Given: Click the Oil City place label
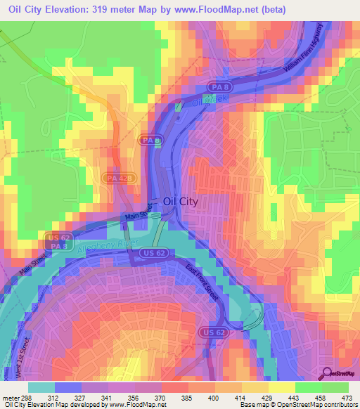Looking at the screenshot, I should coord(180,201).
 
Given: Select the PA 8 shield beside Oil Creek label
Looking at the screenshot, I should coord(217,86).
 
